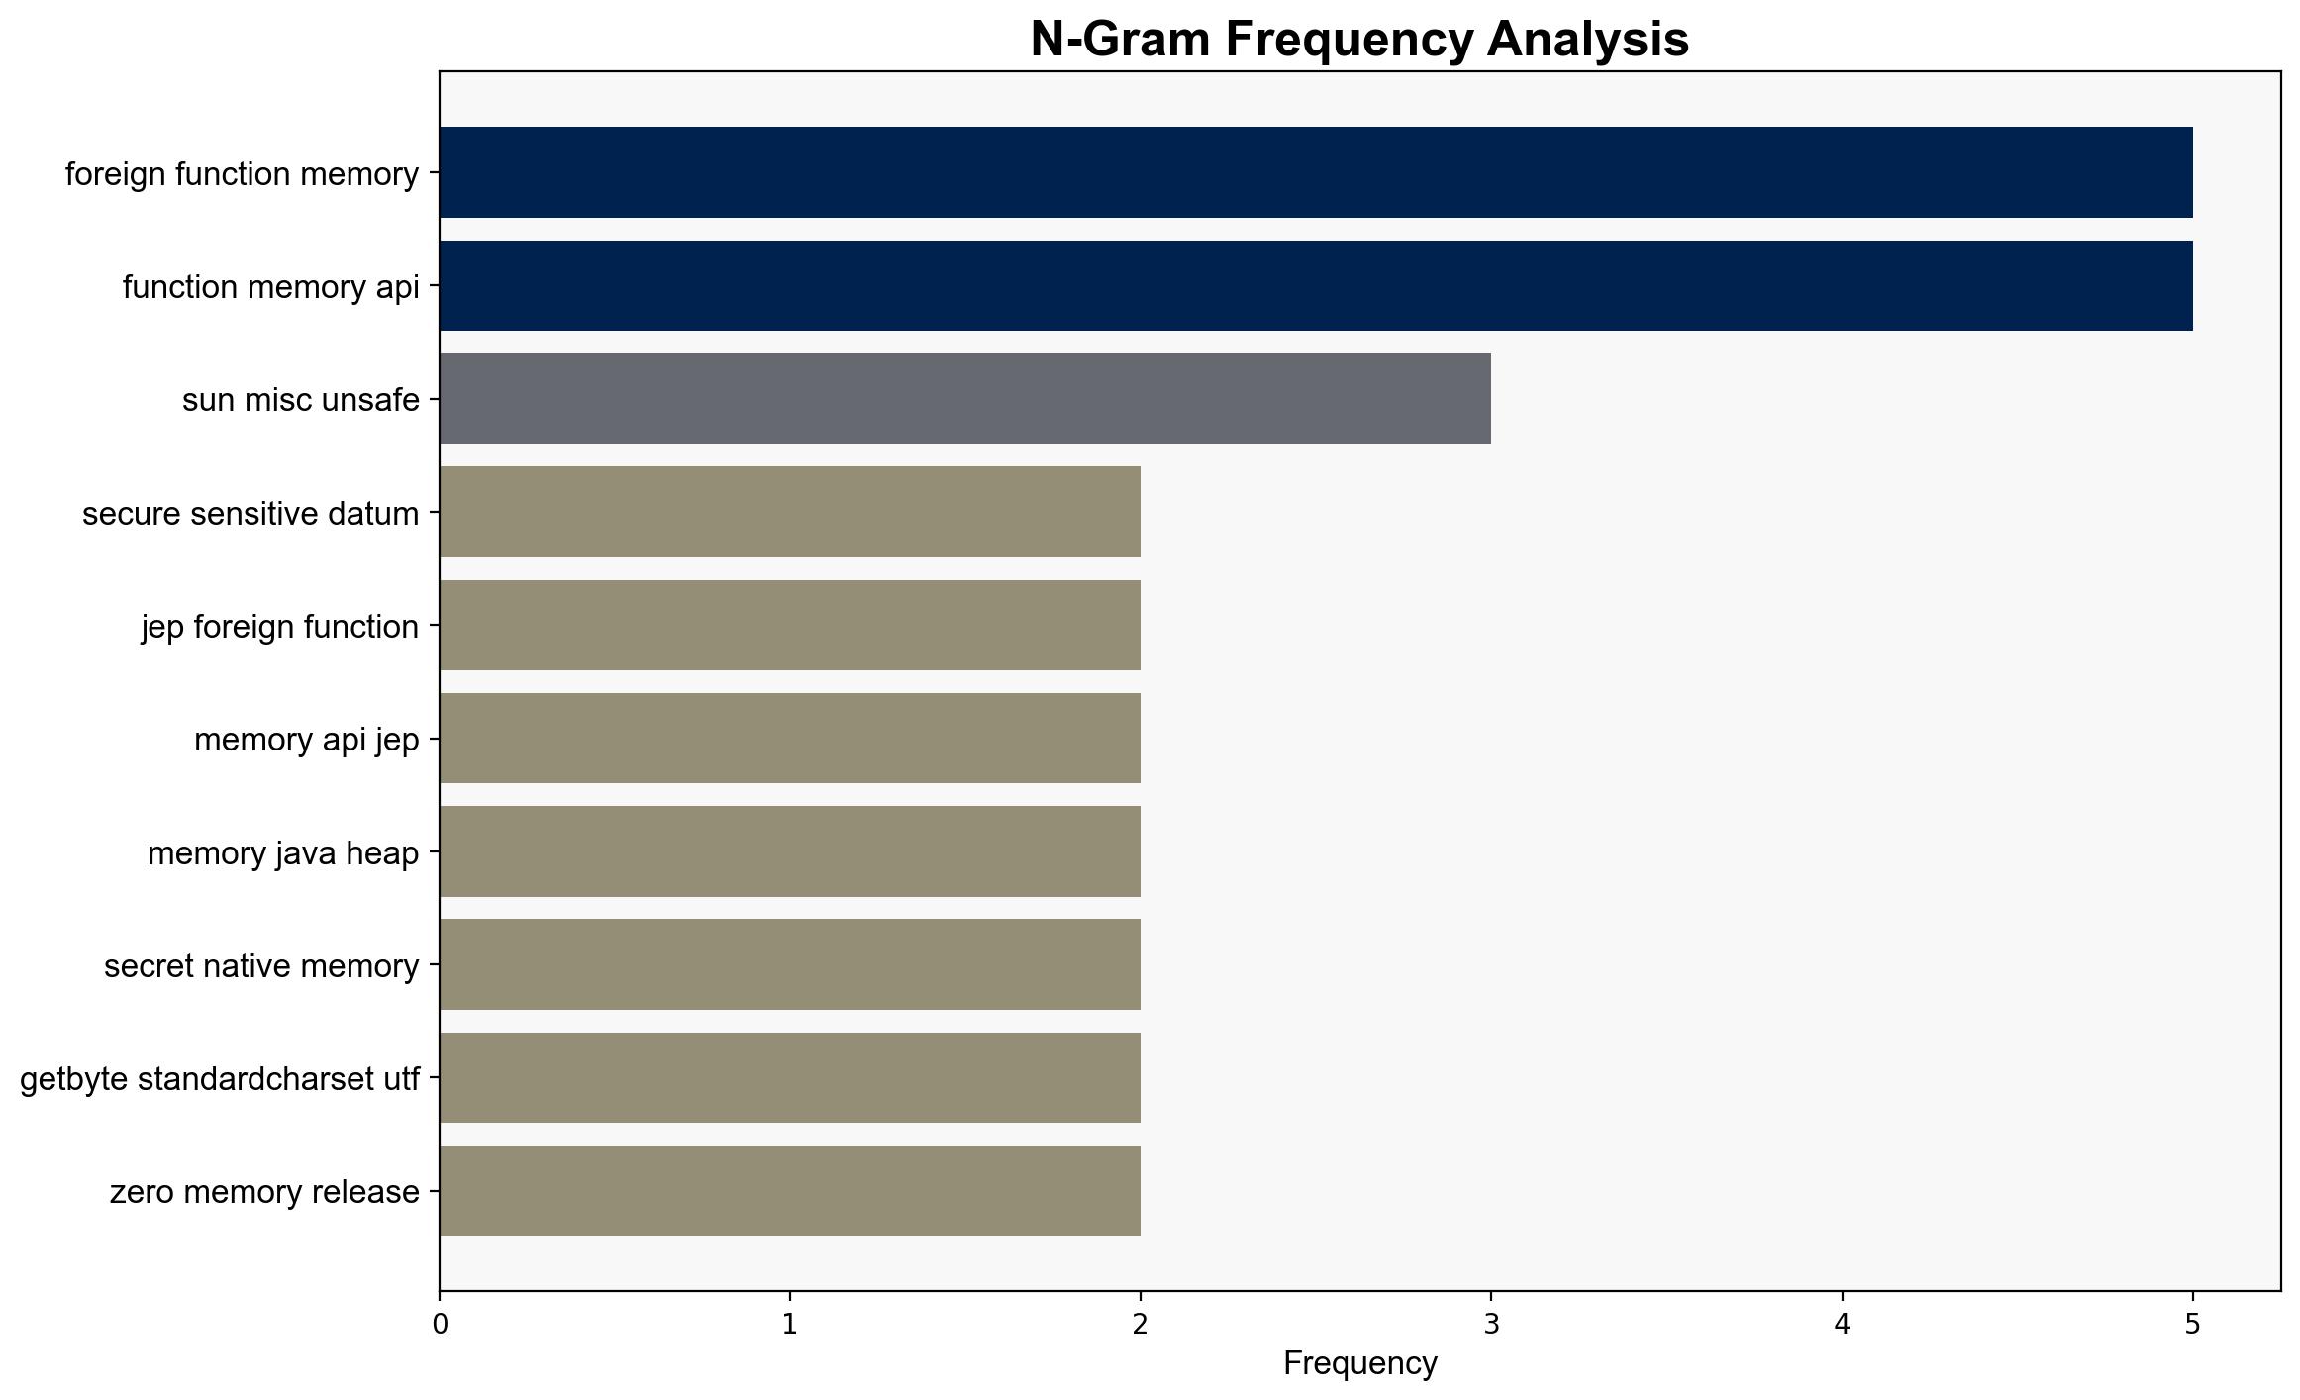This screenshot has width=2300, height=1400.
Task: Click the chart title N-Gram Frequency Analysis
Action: [1359, 40]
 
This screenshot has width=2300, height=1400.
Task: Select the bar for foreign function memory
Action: [1316, 172]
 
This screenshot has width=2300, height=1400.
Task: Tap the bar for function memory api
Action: [1316, 286]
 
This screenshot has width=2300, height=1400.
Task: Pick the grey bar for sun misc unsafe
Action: [965, 399]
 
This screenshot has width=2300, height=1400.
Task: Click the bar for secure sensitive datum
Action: [790, 512]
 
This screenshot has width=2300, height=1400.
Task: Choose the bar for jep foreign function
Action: [790, 626]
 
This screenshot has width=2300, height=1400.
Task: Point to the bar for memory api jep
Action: [790, 739]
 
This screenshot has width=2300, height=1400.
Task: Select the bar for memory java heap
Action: [790, 851]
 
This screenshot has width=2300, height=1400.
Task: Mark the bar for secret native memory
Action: [790, 964]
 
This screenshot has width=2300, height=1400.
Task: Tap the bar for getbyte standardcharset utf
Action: [790, 1078]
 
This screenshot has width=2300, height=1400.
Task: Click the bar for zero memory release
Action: [790, 1191]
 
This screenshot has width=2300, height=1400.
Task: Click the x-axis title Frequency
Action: [1359, 1364]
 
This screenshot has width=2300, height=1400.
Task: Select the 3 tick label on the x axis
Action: [1491, 1325]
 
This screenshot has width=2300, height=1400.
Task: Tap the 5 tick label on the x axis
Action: [2193, 1325]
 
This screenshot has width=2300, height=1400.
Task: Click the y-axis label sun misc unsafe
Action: [301, 400]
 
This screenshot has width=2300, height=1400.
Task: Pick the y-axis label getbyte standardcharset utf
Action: [220, 1079]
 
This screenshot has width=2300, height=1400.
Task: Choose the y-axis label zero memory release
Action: [264, 1192]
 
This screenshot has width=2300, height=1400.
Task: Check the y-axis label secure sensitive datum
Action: [250, 514]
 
